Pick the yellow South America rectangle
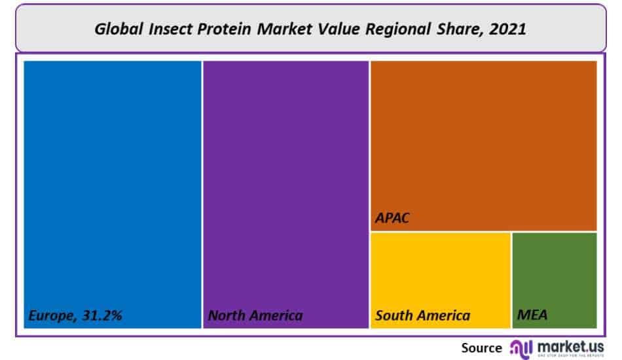tap(440, 275)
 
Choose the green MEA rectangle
tap(554, 275)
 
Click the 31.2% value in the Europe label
tap(102, 315)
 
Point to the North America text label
tap(255, 315)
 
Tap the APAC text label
tap(392, 218)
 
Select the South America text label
tap(422, 315)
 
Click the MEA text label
tap(532, 315)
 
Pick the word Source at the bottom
tap(481, 348)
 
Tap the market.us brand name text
tap(570, 345)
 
